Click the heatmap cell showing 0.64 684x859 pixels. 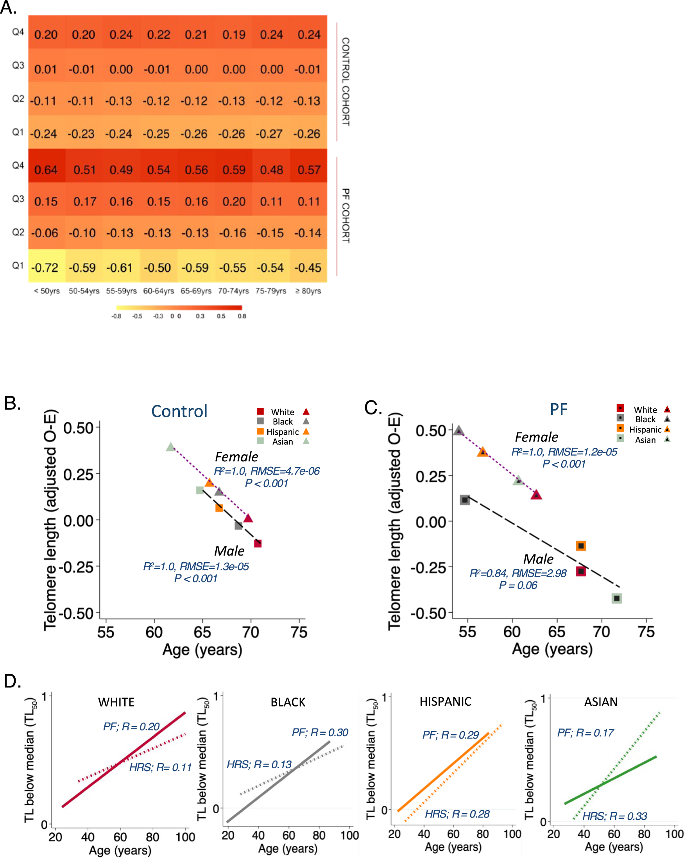(46, 170)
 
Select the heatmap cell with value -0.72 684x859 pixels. (45, 267)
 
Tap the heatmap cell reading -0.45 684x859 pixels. (307, 267)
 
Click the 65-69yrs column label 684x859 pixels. (196, 291)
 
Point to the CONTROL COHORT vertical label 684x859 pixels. (346, 82)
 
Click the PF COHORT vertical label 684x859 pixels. (346, 216)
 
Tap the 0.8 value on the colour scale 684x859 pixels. (242, 316)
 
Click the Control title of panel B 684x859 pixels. (179, 412)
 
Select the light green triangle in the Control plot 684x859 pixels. (170, 447)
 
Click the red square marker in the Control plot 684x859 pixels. (258, 543)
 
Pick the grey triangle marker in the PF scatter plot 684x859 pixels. (459, 431)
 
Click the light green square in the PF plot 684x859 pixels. (616, 599)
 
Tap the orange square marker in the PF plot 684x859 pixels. (581, 546)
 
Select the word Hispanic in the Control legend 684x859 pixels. (283, 432)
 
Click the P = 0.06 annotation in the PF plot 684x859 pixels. (518, 585)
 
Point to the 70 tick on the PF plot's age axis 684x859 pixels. (602, 632)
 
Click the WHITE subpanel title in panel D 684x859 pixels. (116, 702)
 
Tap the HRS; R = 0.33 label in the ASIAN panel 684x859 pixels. (615, 816)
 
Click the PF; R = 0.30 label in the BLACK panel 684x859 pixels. (320, 732)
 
